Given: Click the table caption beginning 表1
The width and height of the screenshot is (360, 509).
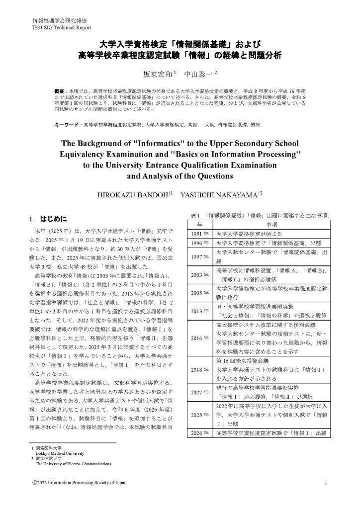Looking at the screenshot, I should (x=259, y=215).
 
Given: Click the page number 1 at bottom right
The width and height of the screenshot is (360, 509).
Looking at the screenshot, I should (x=325, y=483).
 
